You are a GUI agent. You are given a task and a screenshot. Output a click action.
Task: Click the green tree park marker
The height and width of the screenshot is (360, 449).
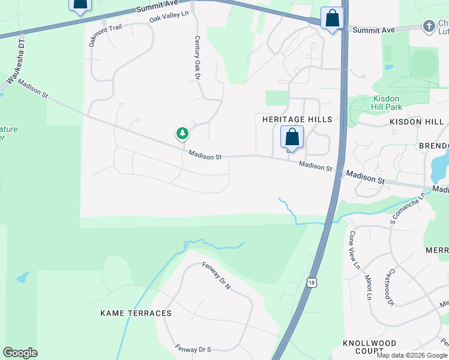click(182, 133)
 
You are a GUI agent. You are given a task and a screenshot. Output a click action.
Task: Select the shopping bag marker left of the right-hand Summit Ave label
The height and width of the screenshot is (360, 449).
click(332, 19)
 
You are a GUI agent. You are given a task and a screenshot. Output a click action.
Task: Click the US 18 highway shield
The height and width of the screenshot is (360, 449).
click(310, 282)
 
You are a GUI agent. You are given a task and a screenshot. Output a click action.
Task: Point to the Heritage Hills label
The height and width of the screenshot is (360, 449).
click(297, 119)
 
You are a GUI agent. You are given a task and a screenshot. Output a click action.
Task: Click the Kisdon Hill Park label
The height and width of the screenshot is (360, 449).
click(390, 102)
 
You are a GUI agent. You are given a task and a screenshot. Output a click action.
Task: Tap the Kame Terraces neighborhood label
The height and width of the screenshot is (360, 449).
click(136, 313)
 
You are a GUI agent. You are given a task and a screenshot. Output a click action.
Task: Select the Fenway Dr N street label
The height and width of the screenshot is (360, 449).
click(216, 276)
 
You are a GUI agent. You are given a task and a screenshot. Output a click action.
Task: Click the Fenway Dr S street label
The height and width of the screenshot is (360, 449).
click(193, 348)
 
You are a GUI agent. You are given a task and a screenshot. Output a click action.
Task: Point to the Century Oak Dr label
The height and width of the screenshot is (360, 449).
click(197, 58)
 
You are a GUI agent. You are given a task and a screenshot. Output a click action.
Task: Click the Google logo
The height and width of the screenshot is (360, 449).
click(20, 353)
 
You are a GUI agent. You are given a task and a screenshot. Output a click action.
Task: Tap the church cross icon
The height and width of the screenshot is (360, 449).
click(429, 26)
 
